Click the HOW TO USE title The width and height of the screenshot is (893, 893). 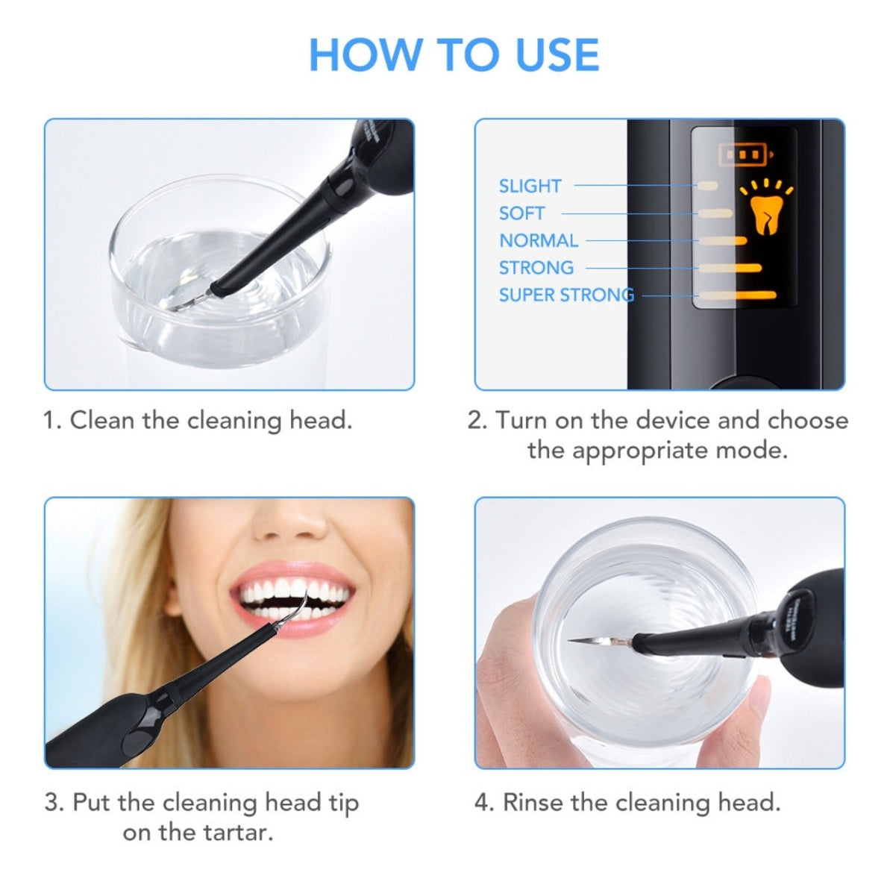click(454, 55)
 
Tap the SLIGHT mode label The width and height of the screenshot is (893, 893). click(530, 186)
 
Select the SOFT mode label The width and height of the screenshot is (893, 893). click(521, 213)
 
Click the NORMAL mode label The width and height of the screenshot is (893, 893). click(538, 240)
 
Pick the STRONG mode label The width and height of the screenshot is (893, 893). click(536, 267)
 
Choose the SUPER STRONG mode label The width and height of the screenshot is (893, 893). click(565, 295)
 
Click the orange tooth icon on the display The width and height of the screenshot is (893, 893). click(763, 211)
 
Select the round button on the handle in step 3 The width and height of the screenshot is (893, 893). click(137, 742)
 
